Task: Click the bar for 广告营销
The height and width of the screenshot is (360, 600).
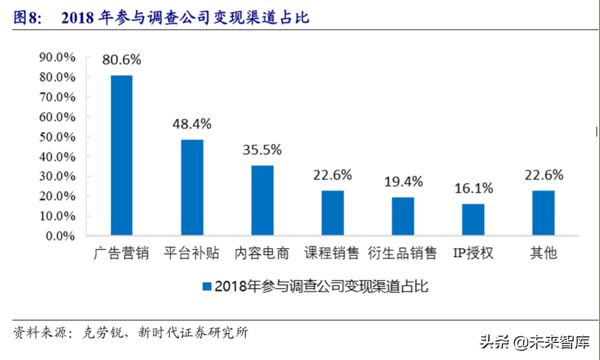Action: click(122, 155)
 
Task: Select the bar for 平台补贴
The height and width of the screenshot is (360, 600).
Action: click(192, 187)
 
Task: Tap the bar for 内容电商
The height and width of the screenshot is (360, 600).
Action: click(262, 200)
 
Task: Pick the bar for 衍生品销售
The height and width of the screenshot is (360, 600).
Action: click(402, 216)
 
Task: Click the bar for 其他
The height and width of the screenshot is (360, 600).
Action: click(543, 213)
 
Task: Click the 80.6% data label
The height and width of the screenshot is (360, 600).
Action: click(122, 59)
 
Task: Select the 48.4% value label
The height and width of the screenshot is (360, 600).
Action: click(192, 124)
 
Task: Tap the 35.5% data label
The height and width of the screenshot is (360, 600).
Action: click(262, 149)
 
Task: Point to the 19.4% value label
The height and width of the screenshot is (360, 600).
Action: click(402, 181)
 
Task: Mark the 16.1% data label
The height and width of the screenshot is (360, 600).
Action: click(473, 188)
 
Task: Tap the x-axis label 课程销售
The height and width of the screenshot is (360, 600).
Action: click(332, 253)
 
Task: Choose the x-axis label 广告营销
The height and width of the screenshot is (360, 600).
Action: click(122, 253)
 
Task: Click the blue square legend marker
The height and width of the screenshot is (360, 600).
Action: click(206, 287)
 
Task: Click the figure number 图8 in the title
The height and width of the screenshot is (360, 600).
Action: click(26, 18)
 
